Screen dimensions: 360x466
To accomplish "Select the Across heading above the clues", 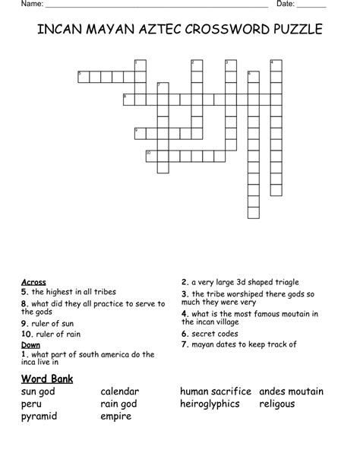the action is pos(33,282).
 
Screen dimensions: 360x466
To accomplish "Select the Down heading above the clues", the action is pos(30,344).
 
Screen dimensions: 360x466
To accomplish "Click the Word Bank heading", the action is pos(46,378).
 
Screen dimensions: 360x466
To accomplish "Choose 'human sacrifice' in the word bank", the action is pos(216,392).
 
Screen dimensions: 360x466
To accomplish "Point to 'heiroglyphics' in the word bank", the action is pos(210,404).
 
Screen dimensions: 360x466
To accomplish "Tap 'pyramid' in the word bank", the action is pos(39,416).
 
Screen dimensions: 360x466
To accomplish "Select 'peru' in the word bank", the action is pos(32,404).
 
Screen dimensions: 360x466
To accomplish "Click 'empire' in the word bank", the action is pos(116,416).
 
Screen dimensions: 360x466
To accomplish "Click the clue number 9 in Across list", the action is pos(24,322).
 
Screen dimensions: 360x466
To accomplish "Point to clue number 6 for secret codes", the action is pos(184,333).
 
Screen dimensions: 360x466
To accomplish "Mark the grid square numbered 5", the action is pos(83,75).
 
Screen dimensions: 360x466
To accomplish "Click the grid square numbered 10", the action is pos(150,155).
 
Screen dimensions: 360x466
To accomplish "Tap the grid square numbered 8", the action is pos(128,98).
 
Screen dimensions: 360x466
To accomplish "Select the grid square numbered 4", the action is pos(276,64).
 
